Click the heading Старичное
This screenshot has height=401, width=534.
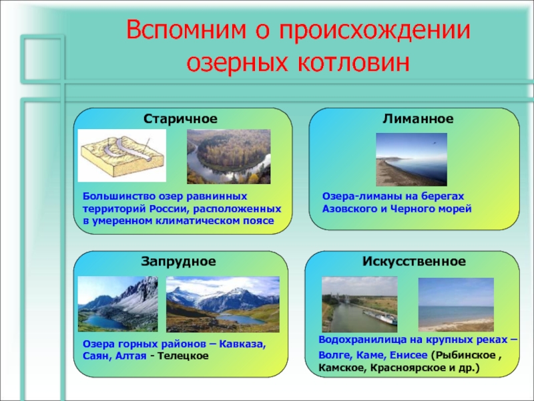tap(180, 119)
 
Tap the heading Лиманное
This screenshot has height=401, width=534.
tap(419, 119)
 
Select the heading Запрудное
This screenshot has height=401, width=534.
tap(178, 261)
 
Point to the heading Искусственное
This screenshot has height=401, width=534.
tap(414, 261)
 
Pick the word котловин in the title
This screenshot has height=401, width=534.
tap(354, 63)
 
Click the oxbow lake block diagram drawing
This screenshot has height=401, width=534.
tap(122, 156)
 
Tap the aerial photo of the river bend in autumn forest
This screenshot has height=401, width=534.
tap(228, 156)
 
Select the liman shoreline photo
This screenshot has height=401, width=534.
tap(411, 159)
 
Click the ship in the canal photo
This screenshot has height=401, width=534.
tap(380, 317)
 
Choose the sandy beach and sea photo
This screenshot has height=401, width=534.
tap(456, 305)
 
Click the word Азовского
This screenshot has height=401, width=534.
tap(350, 209)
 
